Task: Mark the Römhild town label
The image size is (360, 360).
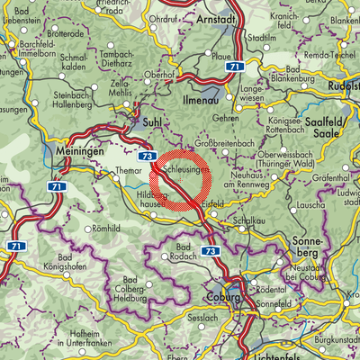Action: [x=105, y=229]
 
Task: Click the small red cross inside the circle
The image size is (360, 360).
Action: [x=181, y=180]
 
